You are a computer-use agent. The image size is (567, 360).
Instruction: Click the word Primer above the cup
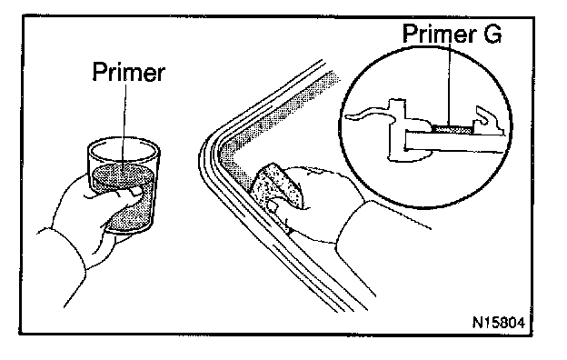coord(129,73)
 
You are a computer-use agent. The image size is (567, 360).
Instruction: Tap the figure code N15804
coord(499,323)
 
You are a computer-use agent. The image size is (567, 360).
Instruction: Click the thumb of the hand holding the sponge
coord(274,205)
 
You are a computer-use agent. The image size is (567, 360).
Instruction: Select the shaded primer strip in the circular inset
coord(453,129)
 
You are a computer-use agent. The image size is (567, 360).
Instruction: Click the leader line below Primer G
coord(450,85)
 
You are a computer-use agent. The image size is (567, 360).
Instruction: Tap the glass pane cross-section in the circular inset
coord(453,142)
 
